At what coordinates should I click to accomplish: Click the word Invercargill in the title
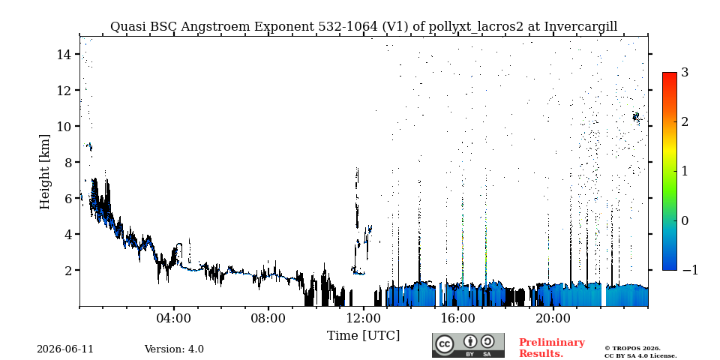pos(580,27)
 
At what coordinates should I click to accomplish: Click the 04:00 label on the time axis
pos(174,318)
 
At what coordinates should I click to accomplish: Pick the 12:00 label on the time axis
pos(364,318)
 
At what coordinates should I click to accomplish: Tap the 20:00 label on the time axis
pos(553,318)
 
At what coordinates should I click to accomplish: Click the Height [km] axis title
pos(44,172)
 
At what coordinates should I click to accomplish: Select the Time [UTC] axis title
pos(363,336)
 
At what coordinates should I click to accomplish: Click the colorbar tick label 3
pos(685,72)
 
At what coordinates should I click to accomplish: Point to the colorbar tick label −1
pos(690,270)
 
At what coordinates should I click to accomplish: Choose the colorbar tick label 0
pos(685,220)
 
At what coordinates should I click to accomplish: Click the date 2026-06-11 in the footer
pos(65,349)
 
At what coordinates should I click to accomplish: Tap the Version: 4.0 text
pos(174,349)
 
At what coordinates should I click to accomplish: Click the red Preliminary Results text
pos(552,347)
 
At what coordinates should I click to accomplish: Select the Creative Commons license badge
pos(468,345)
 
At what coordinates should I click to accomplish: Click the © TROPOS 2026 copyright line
pos(632,349)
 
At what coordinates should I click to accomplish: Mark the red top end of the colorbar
pos(670,73)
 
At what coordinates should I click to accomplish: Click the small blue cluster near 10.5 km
pos(636,117)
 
